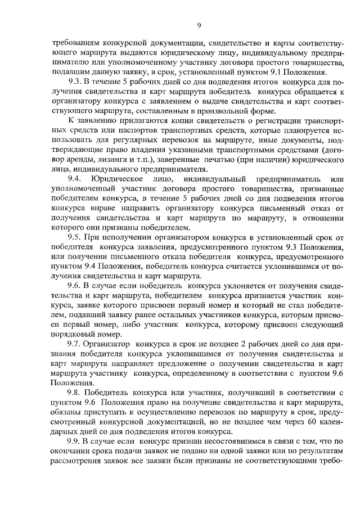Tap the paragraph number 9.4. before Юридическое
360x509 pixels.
[x=74, y=178]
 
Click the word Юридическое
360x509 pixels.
[x=114, y=178]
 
